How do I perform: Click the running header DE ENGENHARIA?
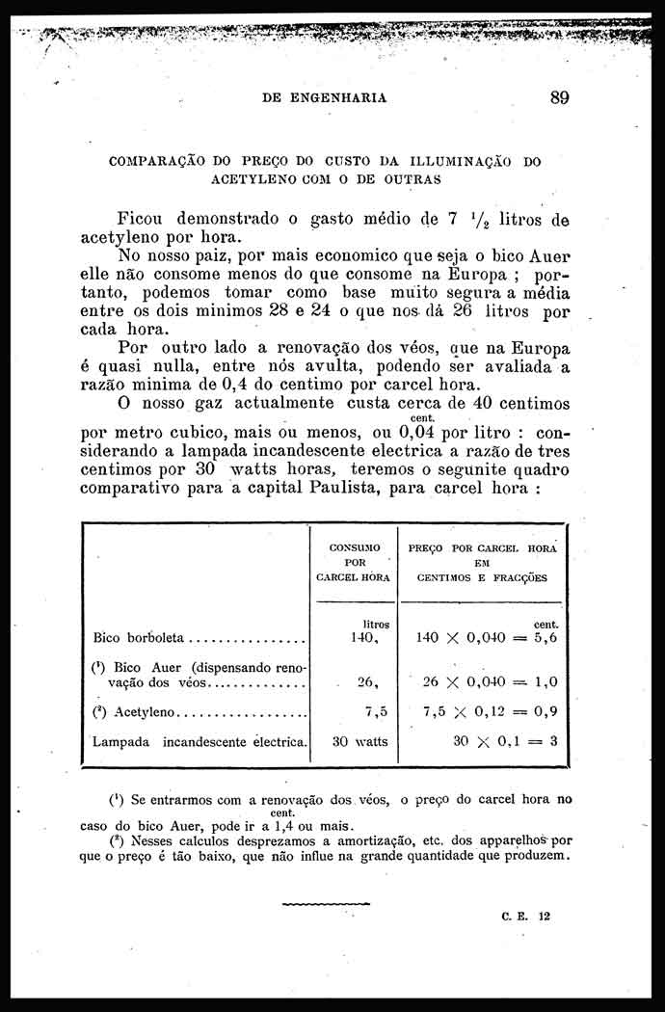(325, 97)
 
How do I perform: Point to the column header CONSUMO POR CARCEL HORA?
(354, 562)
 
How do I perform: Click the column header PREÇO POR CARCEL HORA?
(483, 562)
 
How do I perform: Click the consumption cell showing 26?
(366, 681)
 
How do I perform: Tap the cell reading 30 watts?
(359, 742)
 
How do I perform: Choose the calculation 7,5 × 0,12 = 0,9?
(491, 712)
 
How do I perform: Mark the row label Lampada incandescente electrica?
(200, 742)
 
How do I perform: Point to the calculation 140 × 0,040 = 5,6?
(487, 637)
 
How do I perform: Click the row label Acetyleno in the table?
(145, 712)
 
